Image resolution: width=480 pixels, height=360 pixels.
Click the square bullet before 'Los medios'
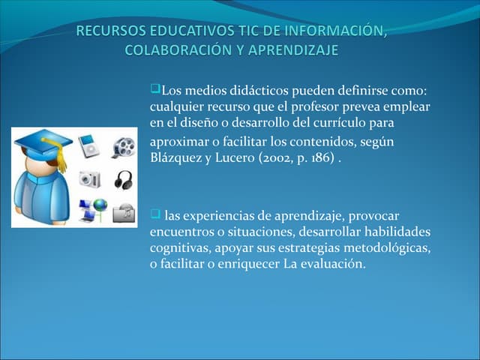pyautogui.click(x=155, y=91)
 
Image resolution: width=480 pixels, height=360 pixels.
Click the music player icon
pyautogui.click(x=90, y=146)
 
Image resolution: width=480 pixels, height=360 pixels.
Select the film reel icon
pyautogui.click(x=124, y=146)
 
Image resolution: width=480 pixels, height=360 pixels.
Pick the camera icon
pyautogui.click(x=89, y=178)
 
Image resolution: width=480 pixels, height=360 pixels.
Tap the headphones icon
pyautogui.click(x=124, y=179)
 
